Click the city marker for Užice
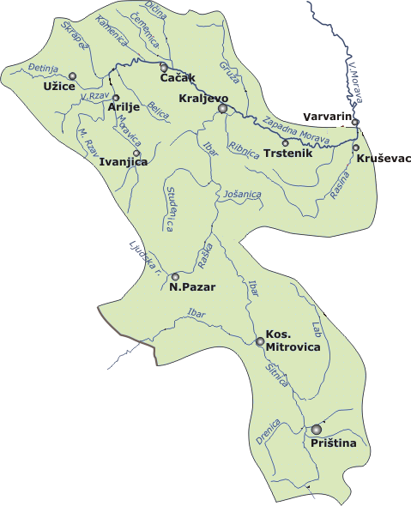point(72,76)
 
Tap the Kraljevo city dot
point(222,109)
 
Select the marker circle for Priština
point(317,429)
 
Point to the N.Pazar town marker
point(176,276)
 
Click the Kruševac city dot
point(356,148)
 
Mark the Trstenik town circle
point(285,142)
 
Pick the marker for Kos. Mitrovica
point(260,341)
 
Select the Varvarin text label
point(328,117)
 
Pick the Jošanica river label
point(241,196)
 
